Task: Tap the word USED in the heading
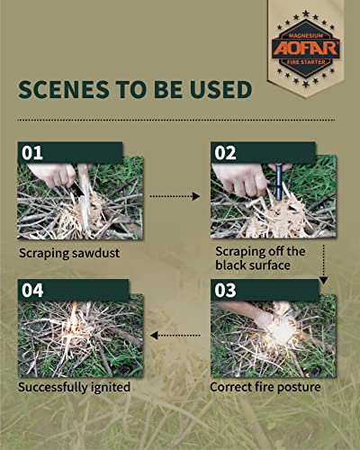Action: point(223,92)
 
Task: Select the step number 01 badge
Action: point(34,151)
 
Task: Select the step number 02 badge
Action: point(225,151)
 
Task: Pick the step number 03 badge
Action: point(225,292)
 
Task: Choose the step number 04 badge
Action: point(34,292)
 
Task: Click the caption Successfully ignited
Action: point(76,388)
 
